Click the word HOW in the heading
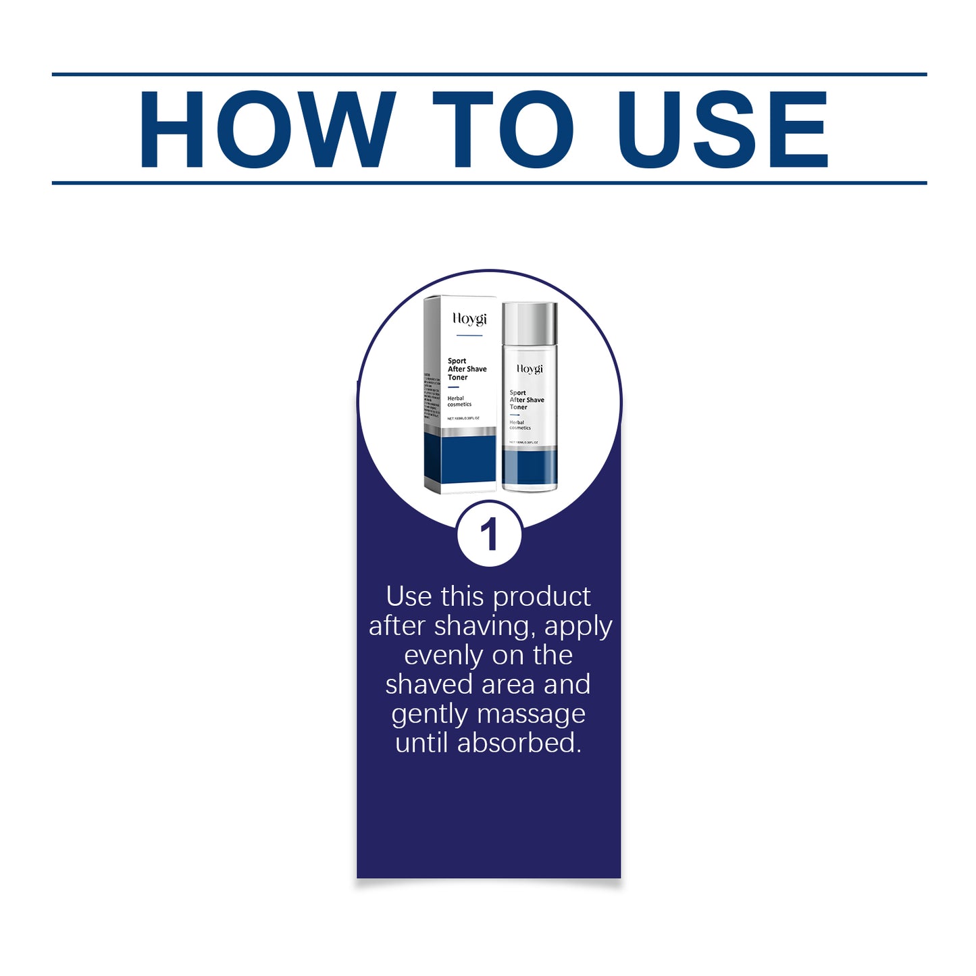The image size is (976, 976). (267, 129)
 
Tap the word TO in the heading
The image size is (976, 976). (503, 129)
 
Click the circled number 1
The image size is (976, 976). (488, 535)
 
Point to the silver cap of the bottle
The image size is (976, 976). (530, 322)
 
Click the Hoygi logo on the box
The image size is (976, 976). (469, 319)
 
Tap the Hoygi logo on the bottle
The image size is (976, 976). (530, 369)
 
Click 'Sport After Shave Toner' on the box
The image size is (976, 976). (467, 369)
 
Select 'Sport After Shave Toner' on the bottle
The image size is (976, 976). (526, 400)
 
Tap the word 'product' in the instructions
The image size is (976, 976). (542, 597)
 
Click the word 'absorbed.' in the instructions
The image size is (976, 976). (519, 743)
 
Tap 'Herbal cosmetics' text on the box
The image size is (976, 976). (459, 401)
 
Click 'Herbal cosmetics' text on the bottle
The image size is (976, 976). (520, 425)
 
